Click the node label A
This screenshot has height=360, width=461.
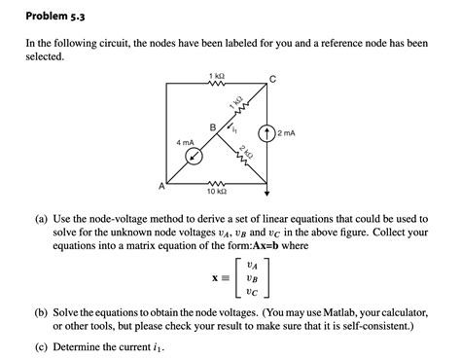[x=161, y=185]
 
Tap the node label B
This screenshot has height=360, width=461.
[x=212, y=126]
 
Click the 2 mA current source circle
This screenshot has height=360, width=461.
[x=266, y=134]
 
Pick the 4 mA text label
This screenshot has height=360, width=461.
[x=184, y=142]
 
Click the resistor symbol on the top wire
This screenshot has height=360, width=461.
[x=216, y=84]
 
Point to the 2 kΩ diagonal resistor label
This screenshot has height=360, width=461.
[x=249, y=153]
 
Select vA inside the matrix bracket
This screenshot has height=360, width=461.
[x=253, y=262]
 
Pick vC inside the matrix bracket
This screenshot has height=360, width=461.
[x=253, y=291]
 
